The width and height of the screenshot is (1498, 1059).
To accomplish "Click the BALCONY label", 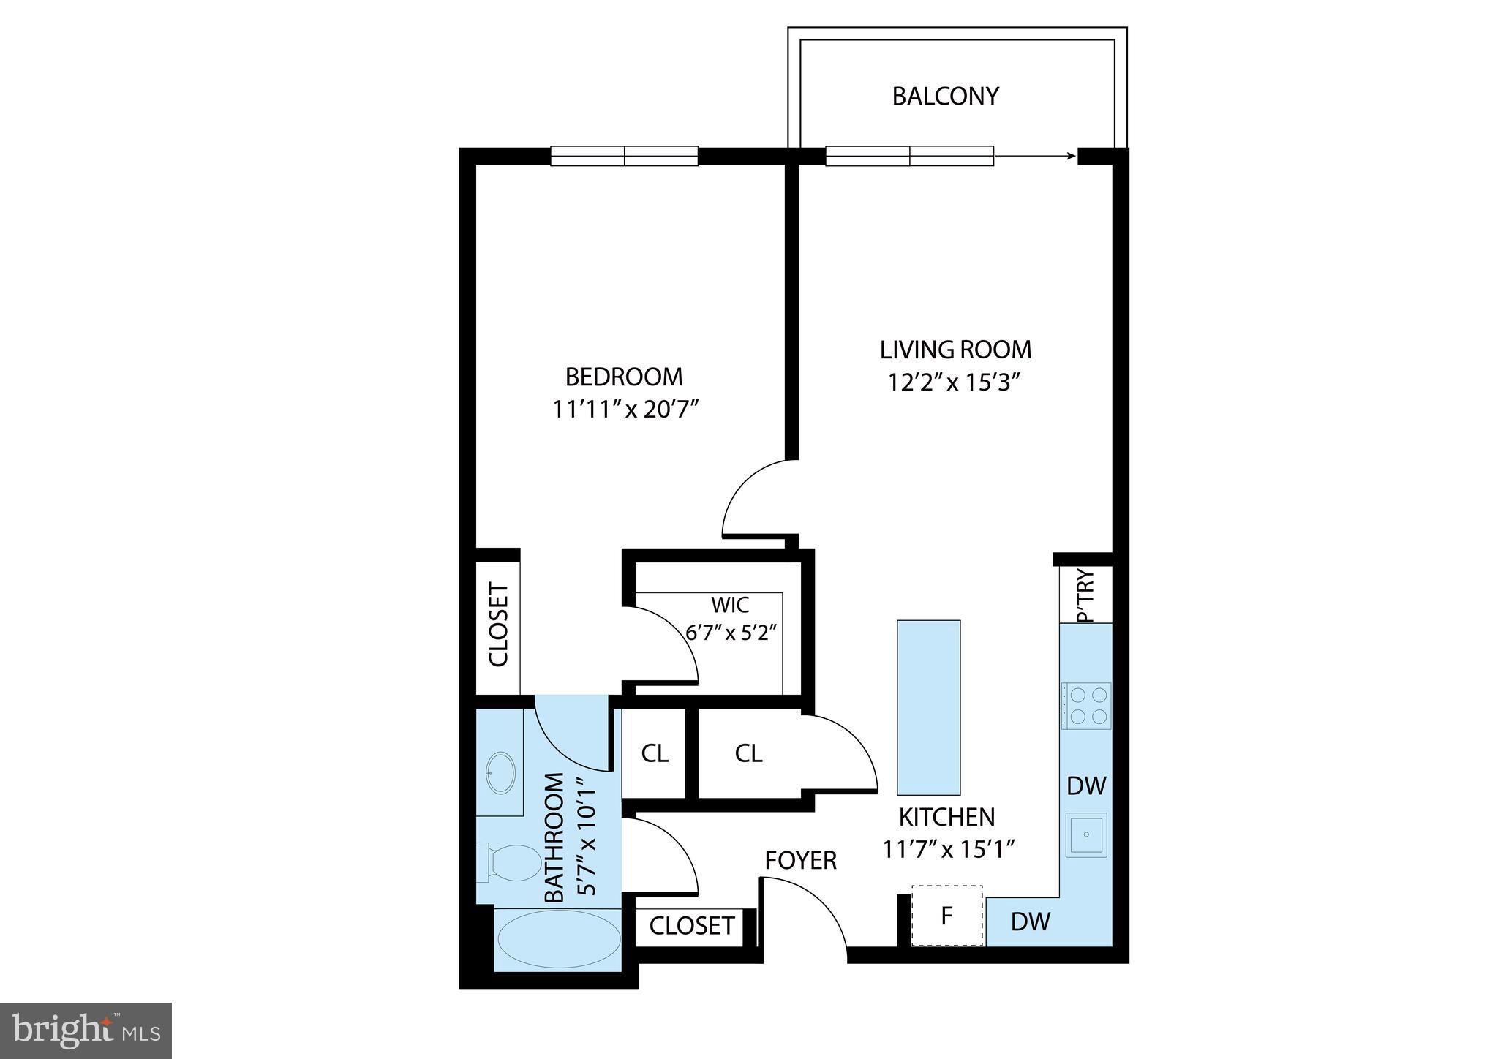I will [x=945, y=97].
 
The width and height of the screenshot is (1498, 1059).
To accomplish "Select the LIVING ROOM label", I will [x=955, y=350].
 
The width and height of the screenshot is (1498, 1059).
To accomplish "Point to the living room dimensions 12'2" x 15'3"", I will [x=954, y=383].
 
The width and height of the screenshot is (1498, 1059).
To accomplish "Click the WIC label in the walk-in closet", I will [x=730, y=605].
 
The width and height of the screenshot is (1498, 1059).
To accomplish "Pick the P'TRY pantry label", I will [x=1086, y=595].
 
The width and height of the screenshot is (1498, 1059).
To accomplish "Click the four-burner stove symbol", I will [x=1086, y=706].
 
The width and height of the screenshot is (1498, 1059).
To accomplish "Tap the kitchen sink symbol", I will [x=1086, y=834].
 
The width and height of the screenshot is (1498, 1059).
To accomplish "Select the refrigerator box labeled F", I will [x=946, y=916].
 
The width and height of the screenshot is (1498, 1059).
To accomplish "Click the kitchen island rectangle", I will [x=928, y=707].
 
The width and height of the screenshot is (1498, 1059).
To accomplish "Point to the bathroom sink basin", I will [x=501, y=772].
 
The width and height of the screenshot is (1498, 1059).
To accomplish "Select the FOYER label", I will [x=800, y=861].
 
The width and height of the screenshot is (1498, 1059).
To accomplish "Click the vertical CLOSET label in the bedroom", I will [x=498, y=624].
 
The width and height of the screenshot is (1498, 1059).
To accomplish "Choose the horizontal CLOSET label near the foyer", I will [x=691, y=926].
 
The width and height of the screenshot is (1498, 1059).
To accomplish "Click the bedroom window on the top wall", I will [x=624, y=156].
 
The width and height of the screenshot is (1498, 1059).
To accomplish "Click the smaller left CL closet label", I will [x=654, y=753].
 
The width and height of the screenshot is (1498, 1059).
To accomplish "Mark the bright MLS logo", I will [x=86, y=1030].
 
